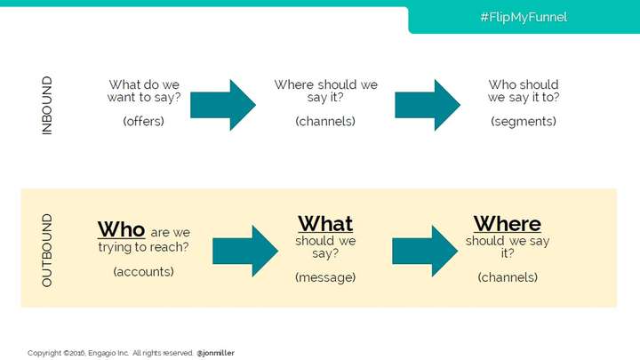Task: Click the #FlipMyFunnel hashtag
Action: coord(524,17)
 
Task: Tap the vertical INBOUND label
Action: coord(47,105)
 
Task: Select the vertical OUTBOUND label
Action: coord(47,250)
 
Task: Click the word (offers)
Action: coord(144,121)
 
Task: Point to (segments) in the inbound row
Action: coord(524,121)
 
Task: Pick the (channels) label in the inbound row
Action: coord(325,121)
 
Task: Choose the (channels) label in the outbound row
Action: coord(508,277)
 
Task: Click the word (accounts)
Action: coord(144,272)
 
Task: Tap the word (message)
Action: coord(325,277)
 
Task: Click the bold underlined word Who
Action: coord(121,229)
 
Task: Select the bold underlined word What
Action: coord(325,224)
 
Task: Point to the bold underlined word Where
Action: coord(508,224)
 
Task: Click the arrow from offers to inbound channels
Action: coord(223,105)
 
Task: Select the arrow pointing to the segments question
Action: coord(428,105)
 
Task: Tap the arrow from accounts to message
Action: coord(245,251)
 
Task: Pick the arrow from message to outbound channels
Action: coord(425,251)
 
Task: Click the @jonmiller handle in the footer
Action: coord(215,353)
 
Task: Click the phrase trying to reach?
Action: coord(144,247)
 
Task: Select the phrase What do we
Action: coord(144,85)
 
